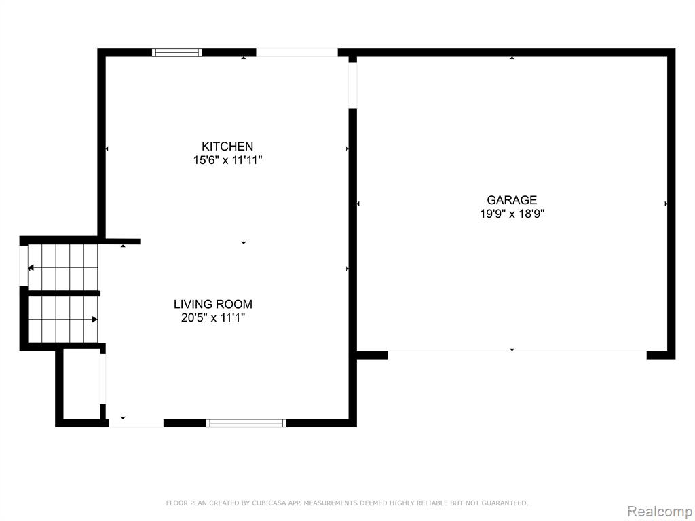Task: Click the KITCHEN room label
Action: (x=227, y=147)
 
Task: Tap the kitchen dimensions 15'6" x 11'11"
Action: (x=227, y=160)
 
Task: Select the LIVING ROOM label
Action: (x=212, y=304)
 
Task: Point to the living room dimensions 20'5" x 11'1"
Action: (x=212, y=317)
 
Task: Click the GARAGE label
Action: (x=512, y=200)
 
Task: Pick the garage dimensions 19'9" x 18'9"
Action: (x=512, y=214)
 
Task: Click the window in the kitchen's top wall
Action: (x=177, y=52)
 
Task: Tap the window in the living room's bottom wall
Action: (x=246, y=423)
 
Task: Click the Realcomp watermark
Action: (x=660, y=511)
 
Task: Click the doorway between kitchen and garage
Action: (x=353, y=85)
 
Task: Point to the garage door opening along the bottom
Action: (x=517, y=351)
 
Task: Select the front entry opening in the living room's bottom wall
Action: (x=136, y=423)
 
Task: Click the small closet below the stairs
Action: (x=81, y=384)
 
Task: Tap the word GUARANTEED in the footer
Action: (x=504, y=503)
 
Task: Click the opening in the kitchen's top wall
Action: (x=297, y=52)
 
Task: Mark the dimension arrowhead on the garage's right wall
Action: (x=666, y=204)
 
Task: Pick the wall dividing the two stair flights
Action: (x=64, y=293)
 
